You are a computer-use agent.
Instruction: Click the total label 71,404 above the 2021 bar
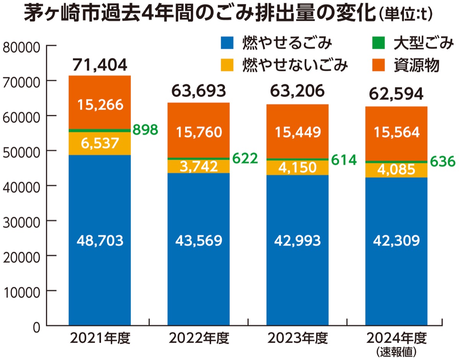(x=100, y=65)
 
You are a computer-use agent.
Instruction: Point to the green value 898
(x=145, y=130)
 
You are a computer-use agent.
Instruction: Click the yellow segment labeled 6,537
(x=100, y=144)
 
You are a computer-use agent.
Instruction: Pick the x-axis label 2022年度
(x=199, y=338)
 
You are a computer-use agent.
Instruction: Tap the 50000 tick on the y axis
(x=21, y=151)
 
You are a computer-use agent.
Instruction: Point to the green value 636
(x=443, y=162)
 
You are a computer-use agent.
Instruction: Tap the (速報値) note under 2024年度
(x=396, y=351)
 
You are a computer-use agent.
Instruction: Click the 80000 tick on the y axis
(x=21, y=47)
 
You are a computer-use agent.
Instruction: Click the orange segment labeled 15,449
(x=298, y=131)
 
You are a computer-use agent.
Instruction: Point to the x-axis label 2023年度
(x=298, y=338)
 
